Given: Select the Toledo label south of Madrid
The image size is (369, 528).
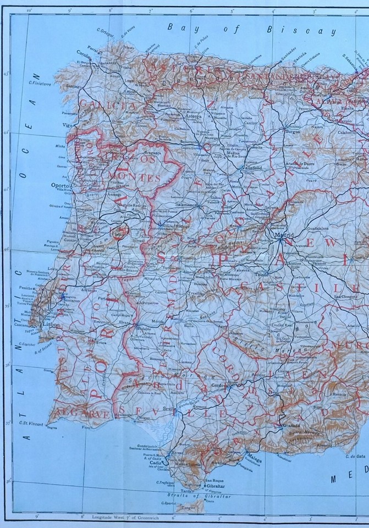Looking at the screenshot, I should (261, 273).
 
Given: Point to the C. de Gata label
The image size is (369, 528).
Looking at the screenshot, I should (356, 456).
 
